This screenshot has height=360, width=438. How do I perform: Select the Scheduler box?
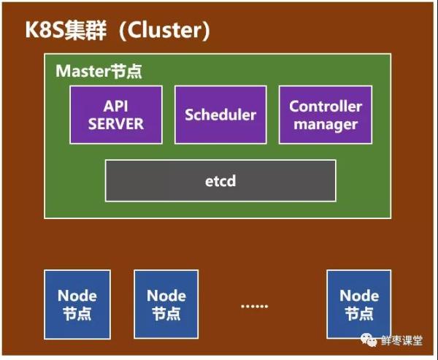tap(220, 115)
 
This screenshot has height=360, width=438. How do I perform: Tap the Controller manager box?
tap(325, 115)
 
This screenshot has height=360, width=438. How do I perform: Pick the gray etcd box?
tap(220, 180)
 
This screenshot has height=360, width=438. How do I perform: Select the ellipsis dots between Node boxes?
tap(255, 305)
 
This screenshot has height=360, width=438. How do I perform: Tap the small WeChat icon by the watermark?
tap(371, 341)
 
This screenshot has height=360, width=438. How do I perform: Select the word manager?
tap(326, 124)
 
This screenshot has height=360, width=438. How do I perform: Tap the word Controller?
tap(326, 106)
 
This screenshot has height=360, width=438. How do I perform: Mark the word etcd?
tap(220, 180)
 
